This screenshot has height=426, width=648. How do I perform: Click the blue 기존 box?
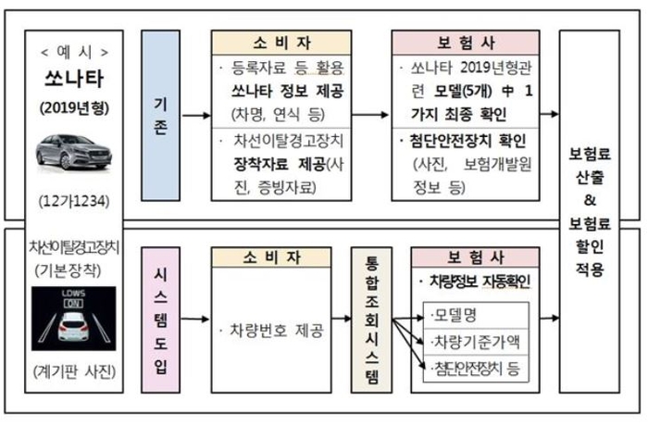(160, 116)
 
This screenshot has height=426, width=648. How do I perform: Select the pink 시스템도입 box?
(160, 319)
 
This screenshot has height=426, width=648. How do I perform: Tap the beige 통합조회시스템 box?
(371, 319)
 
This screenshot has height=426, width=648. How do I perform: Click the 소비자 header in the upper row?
(281, 43)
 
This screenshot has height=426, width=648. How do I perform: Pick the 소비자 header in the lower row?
(271, 257)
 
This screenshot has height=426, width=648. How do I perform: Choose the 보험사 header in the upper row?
(466, 43)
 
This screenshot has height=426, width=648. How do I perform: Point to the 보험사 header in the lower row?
(475, 257)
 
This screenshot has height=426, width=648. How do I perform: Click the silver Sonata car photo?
(73, 152)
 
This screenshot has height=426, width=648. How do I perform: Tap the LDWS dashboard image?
(73, 319)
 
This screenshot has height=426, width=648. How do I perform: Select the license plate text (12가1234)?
(74, 201)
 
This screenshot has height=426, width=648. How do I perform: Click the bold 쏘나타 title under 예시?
(74, 79)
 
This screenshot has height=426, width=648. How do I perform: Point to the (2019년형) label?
(74, 108)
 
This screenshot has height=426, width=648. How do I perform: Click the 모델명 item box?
(476, 316)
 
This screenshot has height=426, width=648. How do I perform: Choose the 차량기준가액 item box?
(476, 342)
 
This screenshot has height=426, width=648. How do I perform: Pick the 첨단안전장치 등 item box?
(476, 368)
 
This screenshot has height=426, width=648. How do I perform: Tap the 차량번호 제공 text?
(276, 331)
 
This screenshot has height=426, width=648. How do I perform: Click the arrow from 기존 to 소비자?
(196, 116)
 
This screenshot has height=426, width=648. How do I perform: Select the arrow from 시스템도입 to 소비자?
(195, 319)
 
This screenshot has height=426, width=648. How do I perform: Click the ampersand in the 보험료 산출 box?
(590, 201)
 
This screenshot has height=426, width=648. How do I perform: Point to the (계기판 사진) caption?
(74, 371)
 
